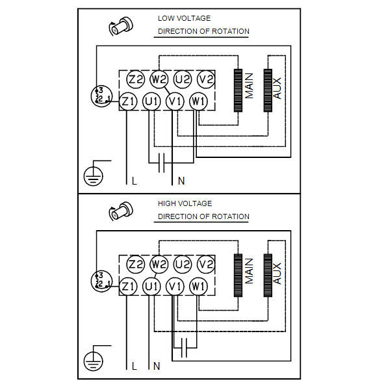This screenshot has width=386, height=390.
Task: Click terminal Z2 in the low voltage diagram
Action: pos(136,79)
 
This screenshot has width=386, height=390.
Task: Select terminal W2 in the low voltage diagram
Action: pos(159,79)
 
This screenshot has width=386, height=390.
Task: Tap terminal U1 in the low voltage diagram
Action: pos(151,101)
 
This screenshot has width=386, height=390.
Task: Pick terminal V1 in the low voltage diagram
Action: pos(175,101)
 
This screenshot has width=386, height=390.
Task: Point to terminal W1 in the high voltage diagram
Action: pos(198,286)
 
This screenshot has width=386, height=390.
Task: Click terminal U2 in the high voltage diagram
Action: pos(183,265)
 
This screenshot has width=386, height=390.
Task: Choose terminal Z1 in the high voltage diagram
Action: pos(128,286)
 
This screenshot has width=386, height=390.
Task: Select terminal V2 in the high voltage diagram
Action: pos(206,265)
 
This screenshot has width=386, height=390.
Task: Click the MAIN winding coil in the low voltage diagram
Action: pos(238,90)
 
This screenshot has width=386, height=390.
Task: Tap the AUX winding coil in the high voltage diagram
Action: pos(268,276)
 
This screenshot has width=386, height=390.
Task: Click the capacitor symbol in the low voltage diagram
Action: pos(161,163)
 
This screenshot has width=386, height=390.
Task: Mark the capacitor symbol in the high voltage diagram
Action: pos(184,348)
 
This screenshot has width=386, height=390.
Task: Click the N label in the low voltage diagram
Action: pos(181,181)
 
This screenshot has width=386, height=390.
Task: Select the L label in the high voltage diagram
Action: pos(135,366)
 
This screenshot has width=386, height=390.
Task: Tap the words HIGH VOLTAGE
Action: pos(185,203)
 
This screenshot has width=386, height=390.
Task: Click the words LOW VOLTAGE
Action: pos(185,18)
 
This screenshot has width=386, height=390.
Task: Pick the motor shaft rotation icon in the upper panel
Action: pos(121,26)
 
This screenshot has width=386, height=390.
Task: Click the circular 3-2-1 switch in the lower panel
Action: pos(101,281)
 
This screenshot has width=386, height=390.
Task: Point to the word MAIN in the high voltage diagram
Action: pos(249,271)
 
